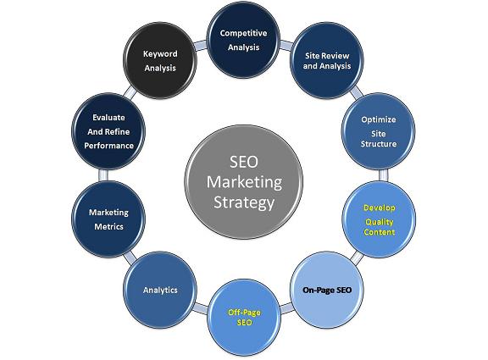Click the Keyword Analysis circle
click(x=160, y=60)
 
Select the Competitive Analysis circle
click(x=243, y=40)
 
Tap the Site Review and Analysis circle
click(x=327, y=60)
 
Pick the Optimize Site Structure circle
click(x=379, y=131)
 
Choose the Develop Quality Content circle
click(x=379, y=219)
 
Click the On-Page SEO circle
click(x=327, y=290)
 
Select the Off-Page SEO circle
click(x=244, y=317)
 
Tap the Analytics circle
click(x=160, y=290)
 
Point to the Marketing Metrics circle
click(x=108, y=219)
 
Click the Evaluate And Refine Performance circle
click(x=108, y=131)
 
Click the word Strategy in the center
click(x=244, y=202)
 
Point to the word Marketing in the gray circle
click(x=244, y=182)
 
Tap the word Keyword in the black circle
click(x=160, y=54)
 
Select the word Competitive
click(x=243, y=33)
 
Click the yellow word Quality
click(x=379, y=222)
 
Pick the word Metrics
click(x=108, y=226)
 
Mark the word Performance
click(x=108, y=146)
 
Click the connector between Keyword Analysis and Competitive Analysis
click(x=201, y=46)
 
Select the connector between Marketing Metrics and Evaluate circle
click(x=103, y=175)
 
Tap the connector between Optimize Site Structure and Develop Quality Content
click(x=384, y=175)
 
